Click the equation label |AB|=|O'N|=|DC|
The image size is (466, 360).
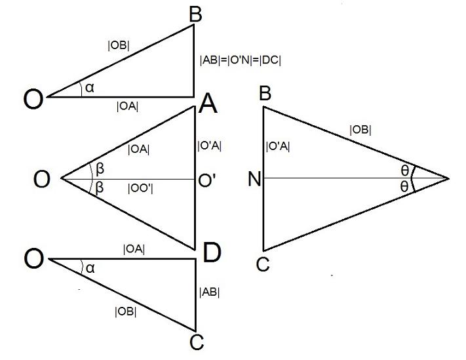click(241, 60)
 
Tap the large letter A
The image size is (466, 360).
click(208, 104)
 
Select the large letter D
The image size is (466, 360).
click(212, 252)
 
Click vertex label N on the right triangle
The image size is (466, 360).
click(254, 179)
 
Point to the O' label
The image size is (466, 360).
click(207, 180)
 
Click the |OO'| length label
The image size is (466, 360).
click(140, 188)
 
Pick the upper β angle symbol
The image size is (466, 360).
click(100, 169)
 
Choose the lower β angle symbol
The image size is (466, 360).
click(100, 188)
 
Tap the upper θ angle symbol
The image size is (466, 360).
click(404, 170)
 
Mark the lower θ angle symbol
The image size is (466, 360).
click(404, 187)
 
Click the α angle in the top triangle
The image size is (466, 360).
click(89, 88)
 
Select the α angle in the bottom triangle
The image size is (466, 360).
click(90, 268)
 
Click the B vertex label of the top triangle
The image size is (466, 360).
click(195, 14)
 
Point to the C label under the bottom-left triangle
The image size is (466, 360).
click(197, 342)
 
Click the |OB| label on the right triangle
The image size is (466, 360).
click(360, 130)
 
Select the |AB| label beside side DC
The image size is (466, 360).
click(210, 292)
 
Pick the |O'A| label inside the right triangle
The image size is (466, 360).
click(278, 146)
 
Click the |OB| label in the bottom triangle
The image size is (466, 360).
click(126, 311)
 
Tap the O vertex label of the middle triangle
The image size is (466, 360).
click(41, 179)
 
